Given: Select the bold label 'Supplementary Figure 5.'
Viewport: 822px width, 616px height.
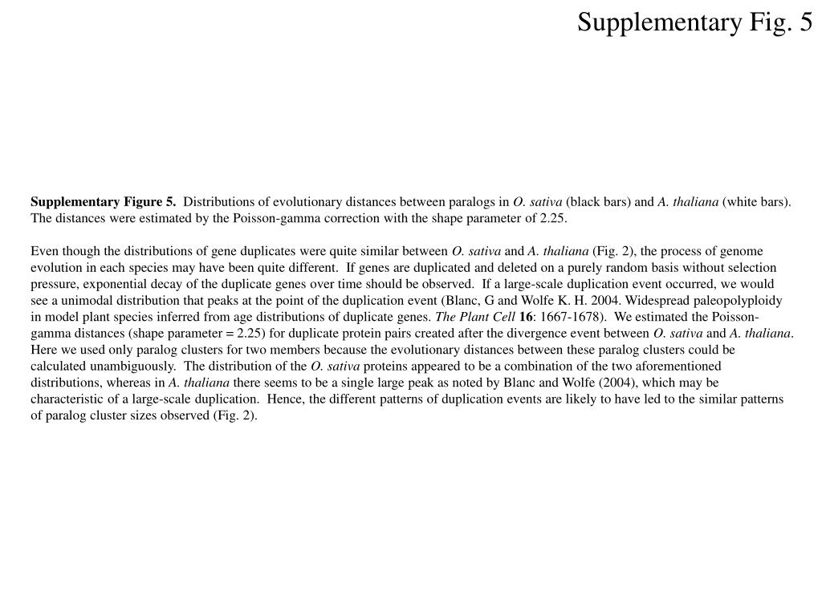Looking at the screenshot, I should pyautogui.click(x=104, y=201).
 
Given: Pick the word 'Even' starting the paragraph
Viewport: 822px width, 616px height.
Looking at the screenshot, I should pyautogui.click(x=44, y=251).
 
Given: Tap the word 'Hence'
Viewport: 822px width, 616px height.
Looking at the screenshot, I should pyautogui.click(x=285, y=399).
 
